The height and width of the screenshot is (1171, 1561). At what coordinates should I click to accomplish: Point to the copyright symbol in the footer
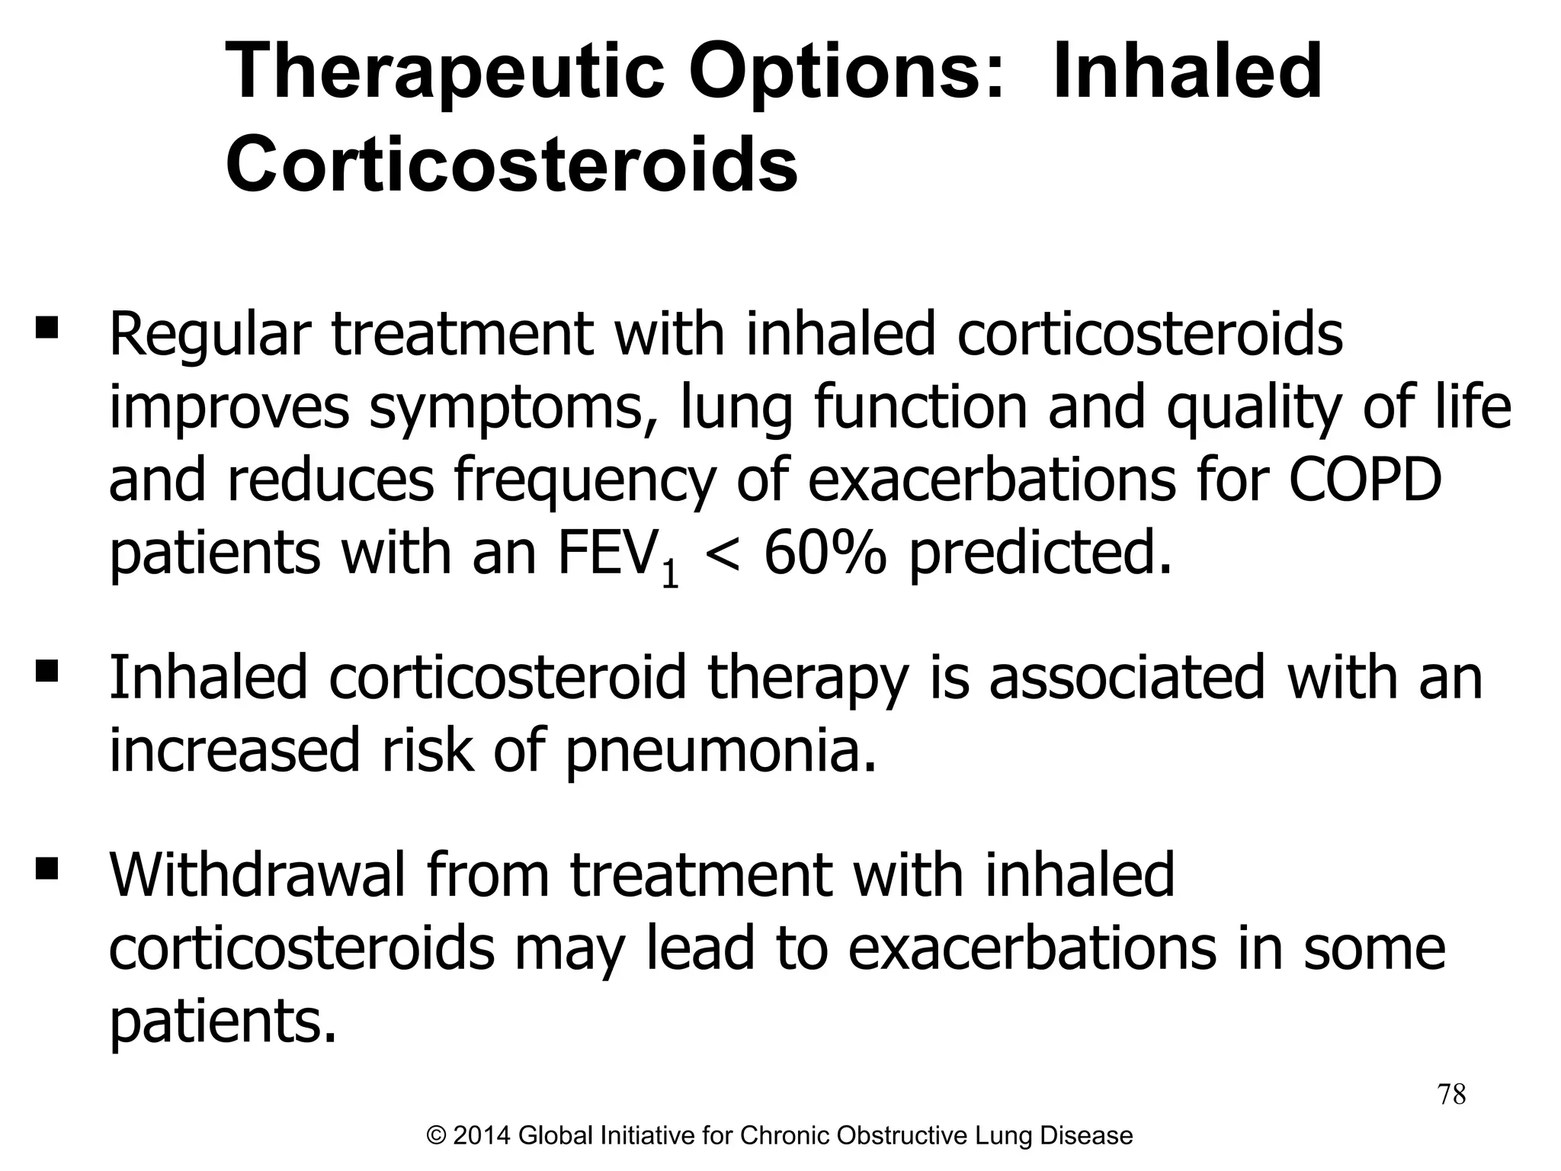tap(436, 1136)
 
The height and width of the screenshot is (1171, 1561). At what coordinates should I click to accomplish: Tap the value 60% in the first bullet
tap(825, 553)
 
